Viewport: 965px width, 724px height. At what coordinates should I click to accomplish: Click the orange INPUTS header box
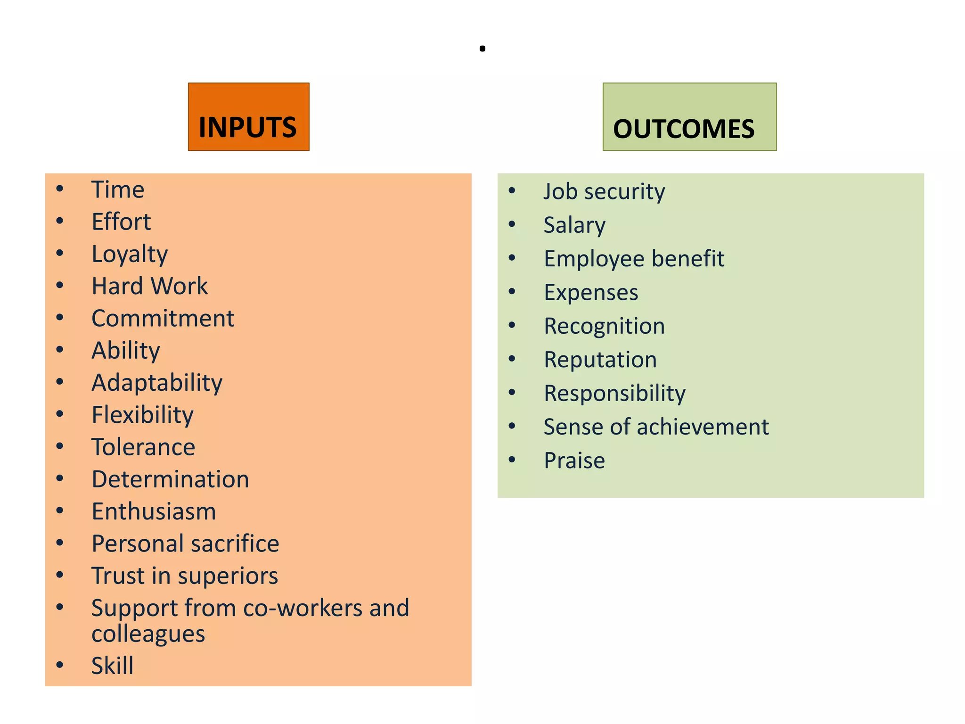(x=248, y=117)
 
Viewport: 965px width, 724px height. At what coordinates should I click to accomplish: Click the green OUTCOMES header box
(x=689, y=117)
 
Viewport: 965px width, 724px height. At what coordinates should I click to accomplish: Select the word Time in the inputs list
(x=118, y=189)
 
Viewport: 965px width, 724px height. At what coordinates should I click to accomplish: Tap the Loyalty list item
(x=130, y=255)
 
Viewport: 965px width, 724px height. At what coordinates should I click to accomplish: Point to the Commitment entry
(x=163, y=318)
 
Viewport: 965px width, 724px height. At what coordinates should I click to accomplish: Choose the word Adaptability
(x=157, y=383)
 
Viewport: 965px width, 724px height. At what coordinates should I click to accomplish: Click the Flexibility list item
(x=142, y=415)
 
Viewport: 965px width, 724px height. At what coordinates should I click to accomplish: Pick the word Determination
(x=170, y=479)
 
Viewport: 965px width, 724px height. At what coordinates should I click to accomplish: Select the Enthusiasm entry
(x=154, y=511)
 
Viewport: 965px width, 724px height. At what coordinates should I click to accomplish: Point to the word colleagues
(x=148, y=634)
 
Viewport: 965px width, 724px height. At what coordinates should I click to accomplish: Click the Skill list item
(x=112, y=666)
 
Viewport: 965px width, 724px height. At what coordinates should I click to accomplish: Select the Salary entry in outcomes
(x=574, y=225)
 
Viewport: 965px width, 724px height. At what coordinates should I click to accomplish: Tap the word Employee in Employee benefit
(x=594, y=259)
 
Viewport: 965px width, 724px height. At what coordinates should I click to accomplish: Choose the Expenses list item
(x=591, y=293)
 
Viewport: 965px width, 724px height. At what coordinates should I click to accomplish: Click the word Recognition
(x=604, y=326)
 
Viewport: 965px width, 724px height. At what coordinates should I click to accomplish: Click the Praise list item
(x=574, y=461)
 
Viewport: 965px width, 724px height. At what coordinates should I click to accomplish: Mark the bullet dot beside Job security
(x=512, y=190)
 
